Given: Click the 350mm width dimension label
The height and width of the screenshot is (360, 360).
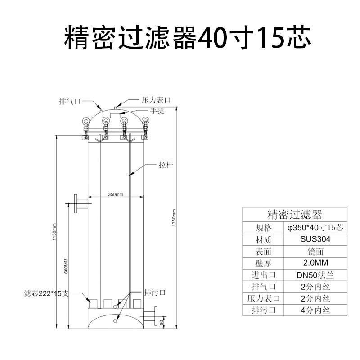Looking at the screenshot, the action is (x=116, y=194).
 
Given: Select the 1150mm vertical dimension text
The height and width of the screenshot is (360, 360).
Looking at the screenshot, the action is (x=54, y=232).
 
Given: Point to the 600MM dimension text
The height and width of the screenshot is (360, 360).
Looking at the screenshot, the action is (x=66, y=266).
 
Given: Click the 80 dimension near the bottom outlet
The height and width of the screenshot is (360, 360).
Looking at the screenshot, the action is (x=162, y=323).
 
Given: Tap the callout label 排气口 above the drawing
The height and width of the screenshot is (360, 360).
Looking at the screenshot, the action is (x=70, y=101).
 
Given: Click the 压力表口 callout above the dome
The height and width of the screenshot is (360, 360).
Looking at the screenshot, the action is (x=156, y=100).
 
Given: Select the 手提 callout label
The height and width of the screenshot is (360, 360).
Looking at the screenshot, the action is (x=157, y=111).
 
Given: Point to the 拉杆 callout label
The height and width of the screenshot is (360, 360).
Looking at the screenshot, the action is (x=166, y=165).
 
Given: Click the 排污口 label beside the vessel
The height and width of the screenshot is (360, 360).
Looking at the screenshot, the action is (x=155, y=293).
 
